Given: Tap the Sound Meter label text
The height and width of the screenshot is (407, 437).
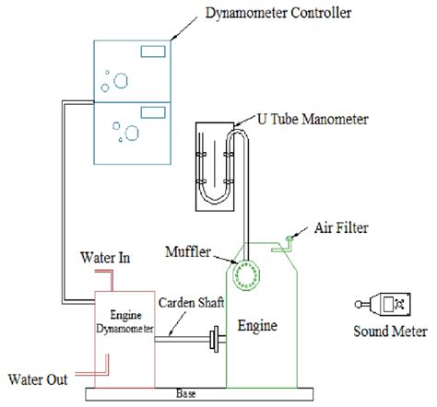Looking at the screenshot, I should [382, 330].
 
